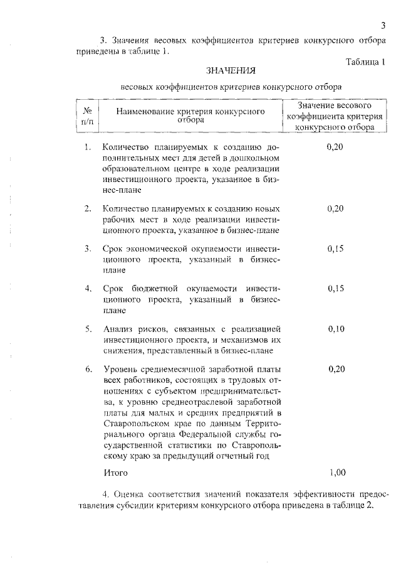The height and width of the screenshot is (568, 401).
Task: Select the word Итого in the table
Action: [115, 471]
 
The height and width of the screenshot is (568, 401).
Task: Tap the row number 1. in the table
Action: [88, 147]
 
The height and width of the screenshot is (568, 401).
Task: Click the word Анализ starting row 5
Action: [118, 328]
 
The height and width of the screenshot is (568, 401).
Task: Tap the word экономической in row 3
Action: [156, 248]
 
